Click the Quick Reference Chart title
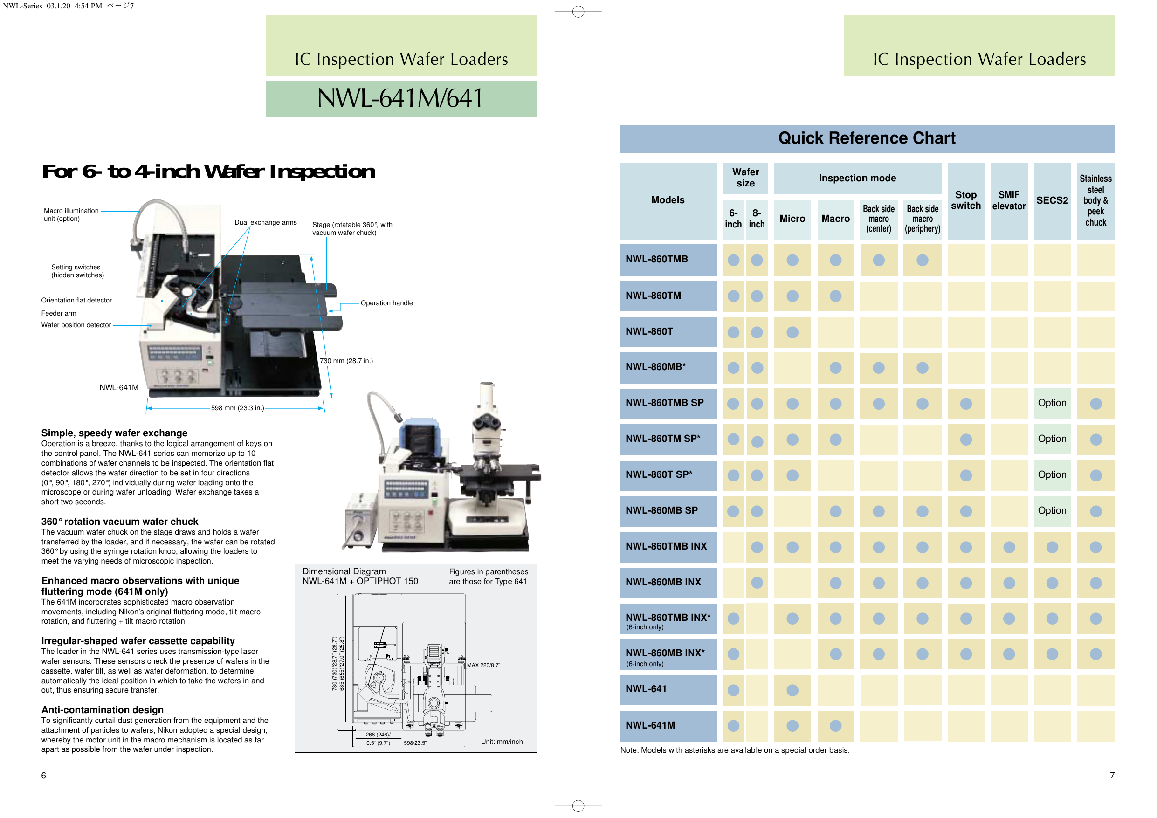(x=866, y=138)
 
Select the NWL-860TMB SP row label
(x=664, y=403)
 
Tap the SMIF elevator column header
(x=1008, y=200)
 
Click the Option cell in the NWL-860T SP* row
(x=1052, y=475)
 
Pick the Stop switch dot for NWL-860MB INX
(x=965, y=583)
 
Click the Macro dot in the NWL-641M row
(x=835, y=726)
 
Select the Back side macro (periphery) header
(x=922, y=219)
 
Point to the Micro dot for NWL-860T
(x=792, y=332)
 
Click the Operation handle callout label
(x=386, y=303)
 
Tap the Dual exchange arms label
(x=266, y=222)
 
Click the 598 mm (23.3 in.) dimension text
(x=237, y=408)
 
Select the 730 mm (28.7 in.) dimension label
(x=346, y=361)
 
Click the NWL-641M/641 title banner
(x=401, y=98)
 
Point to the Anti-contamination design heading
(x=102, y=710)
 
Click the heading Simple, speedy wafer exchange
(x=114, y=433)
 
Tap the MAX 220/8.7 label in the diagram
(x=483, y=665)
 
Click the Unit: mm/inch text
(x=502, y=742)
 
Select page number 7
(x=1112, y=775)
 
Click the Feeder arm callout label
(x=58, y=313)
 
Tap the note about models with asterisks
(x=734, y=750)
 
